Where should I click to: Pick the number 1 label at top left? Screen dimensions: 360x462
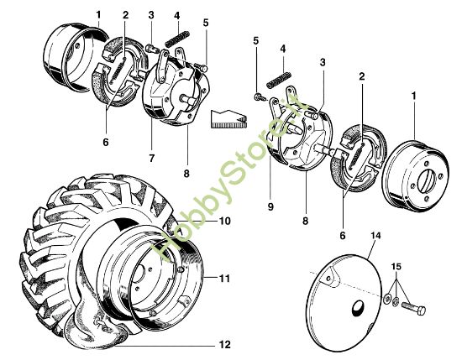pos(98,14)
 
